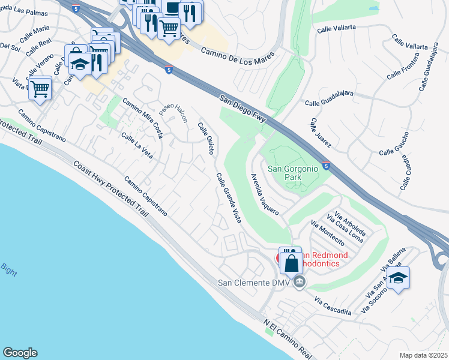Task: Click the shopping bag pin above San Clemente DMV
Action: (x=291, y=263)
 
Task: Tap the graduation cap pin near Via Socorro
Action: (x=397, y=278)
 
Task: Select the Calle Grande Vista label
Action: (x=229, y=198)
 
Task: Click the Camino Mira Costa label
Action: (x=143, y=118)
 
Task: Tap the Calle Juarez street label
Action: (x=321, y=134)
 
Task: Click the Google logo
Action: (x=20, y=353)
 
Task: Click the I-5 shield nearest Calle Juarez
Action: (x=325, y=166)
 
